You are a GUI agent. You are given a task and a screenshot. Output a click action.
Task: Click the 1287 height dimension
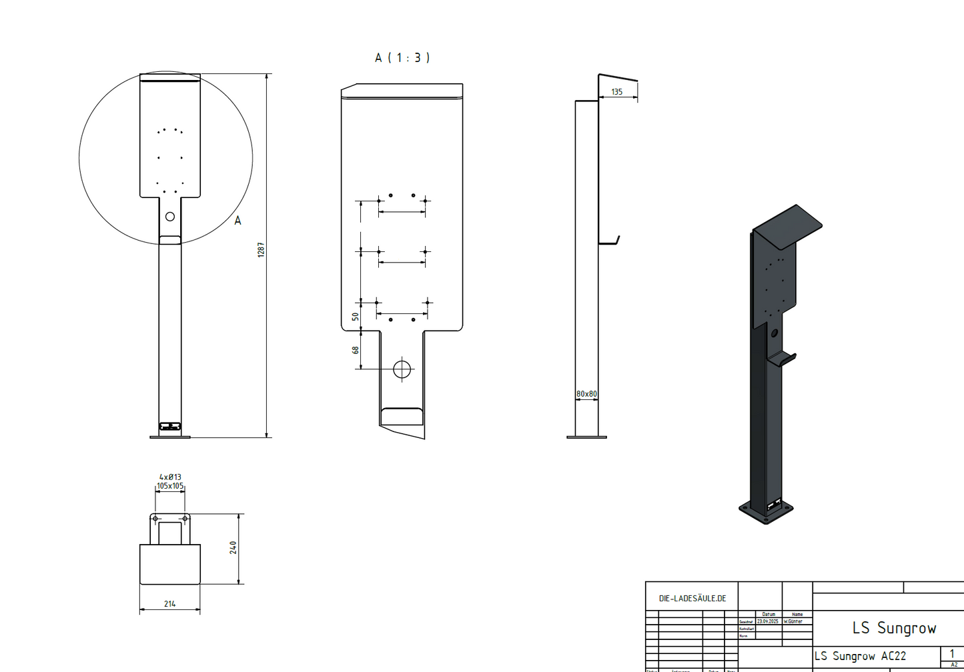coord(262,249)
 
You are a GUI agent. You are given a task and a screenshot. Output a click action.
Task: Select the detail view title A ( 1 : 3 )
coord(402,58)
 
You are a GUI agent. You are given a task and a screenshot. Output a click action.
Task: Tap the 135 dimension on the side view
coord(616,92)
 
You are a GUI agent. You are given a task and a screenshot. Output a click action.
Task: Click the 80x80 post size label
coord(586,394)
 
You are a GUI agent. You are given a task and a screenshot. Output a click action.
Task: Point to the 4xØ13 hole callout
coord(170,477)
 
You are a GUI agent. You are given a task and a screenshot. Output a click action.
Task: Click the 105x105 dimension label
coord(170,486)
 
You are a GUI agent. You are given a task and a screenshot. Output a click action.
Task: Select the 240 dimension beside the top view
coord(233,547)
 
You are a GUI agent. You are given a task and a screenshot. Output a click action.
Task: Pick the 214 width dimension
coord(169,603)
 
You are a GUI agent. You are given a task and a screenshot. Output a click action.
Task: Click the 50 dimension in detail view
coord(356,316)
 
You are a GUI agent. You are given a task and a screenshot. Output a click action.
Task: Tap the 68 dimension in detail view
coord(356,349)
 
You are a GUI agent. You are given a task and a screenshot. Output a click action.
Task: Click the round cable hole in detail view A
coord(402,369)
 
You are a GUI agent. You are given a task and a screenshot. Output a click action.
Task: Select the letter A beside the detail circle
coord(237,221)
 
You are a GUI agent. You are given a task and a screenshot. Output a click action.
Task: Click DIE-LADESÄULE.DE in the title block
coord(692,599)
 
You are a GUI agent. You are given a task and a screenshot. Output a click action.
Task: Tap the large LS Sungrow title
coord(894,628)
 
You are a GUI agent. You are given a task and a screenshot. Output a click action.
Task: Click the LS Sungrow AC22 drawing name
coord(859,656)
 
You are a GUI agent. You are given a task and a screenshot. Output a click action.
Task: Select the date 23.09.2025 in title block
coord(767,621)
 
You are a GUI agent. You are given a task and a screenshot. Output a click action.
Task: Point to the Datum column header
coord(769,614)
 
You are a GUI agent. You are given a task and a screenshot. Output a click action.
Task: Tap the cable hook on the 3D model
coord(782,359)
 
